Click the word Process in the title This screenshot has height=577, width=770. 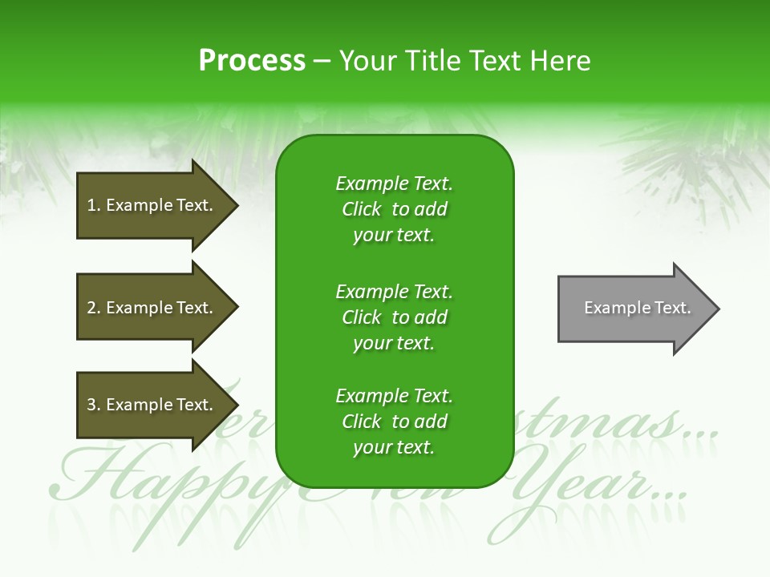[252, 61]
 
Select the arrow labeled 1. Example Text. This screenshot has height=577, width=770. [152, 205]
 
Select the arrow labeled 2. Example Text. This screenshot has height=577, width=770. [152, 308]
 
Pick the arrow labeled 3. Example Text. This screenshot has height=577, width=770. [152, 405]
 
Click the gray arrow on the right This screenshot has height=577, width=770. [634, 309]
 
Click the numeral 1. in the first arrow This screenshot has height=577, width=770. [94, 205]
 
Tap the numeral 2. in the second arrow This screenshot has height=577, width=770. [94, 308]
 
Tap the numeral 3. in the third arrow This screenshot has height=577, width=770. [94, 405]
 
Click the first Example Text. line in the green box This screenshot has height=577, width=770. [394, 184]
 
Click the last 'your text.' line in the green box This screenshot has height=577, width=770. [394, 447]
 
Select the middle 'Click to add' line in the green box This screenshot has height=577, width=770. [394, 317]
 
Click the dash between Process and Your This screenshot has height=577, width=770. [322, 62]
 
